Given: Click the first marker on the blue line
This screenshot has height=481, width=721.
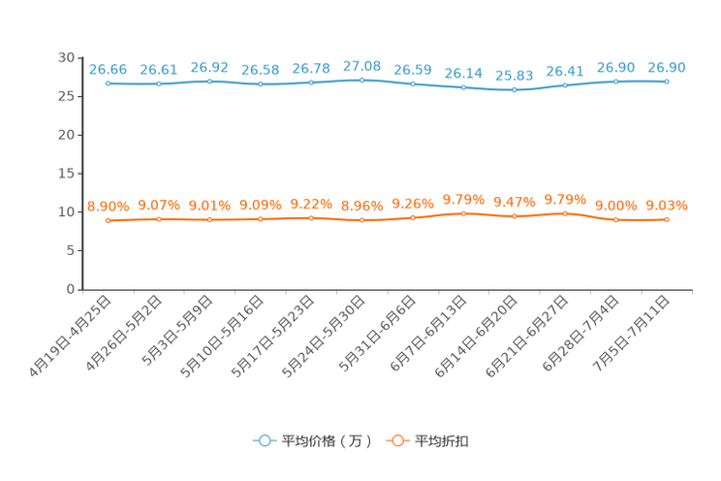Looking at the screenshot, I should (x=109, y=84).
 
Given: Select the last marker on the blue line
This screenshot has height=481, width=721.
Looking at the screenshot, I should (x=667, y=81).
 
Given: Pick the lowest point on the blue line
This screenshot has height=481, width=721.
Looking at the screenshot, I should (x=514, y=90).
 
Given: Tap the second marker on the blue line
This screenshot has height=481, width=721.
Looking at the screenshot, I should (x=159, y=84).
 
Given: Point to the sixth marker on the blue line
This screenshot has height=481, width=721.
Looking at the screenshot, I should (x=361, y=80).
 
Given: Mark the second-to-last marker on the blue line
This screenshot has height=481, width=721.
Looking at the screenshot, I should (x=615, y=81).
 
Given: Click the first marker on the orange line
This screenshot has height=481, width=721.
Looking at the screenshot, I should (x=109, y=221).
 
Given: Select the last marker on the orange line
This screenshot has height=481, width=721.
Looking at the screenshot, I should (x=667, y=220).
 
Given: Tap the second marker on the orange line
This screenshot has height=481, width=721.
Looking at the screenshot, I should (x=159, y=219).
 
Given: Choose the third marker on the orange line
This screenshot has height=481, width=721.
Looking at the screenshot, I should (x=209, y=220).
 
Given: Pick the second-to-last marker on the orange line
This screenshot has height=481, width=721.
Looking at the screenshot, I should (x=615, y=220).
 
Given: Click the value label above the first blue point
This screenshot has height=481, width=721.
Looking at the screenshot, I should (x=108, y=69).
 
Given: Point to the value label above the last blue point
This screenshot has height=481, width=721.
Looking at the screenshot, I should (x=667, y=66).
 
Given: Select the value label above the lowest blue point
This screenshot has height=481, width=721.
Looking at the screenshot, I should (x=514, y=75).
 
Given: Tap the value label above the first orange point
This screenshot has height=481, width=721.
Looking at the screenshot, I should (x=108, y=206).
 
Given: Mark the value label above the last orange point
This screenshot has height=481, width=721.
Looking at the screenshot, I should (x=667, y=205).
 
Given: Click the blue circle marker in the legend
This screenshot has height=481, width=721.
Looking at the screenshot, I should (x=264, y=440).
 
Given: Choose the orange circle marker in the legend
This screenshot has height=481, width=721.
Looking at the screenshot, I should (x=396, y=440).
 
